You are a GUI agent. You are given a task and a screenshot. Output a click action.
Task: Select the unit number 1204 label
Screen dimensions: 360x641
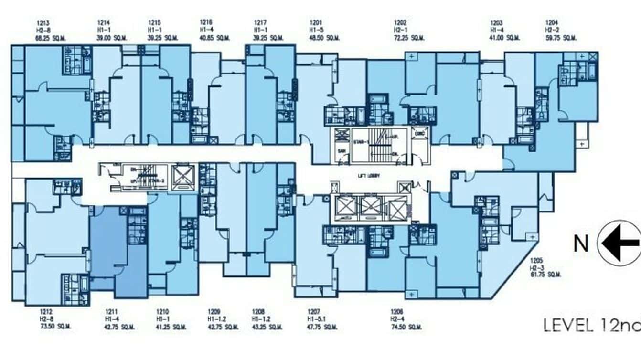(552, 22)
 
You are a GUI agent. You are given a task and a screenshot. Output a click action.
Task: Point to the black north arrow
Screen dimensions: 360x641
(620, 243)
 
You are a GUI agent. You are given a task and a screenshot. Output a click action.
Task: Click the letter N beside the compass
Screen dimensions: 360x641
(580, 244)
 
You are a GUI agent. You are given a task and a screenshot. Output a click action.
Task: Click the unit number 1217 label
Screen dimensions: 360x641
(260, 22)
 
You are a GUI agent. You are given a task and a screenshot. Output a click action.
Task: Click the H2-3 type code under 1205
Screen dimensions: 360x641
(535, 268)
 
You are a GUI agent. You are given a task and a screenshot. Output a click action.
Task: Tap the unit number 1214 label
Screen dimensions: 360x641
(103, 22)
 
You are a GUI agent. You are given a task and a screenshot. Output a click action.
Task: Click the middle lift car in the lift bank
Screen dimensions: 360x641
(371, 206)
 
